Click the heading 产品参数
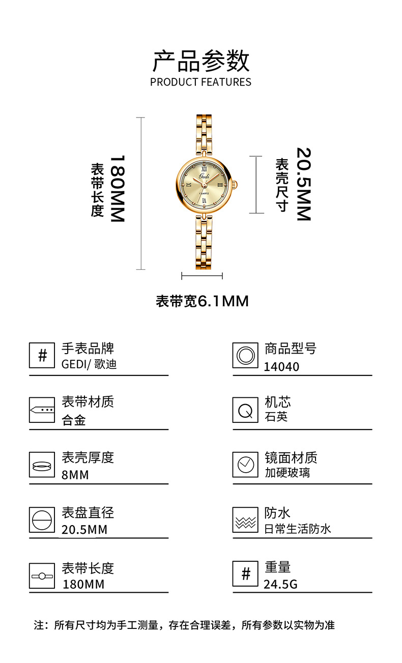[x=201, y=61]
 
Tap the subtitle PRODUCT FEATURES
[x=200, y=82]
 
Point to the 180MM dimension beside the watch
[x=117, y=189]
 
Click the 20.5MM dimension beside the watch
[x=303, y=184]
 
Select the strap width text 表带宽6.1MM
[x=202, y=301]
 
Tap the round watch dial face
[x=204, y=185]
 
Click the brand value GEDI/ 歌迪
[x=89, y=365]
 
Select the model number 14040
[x=281, y=367]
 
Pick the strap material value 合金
[x=74, y=420]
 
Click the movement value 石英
[x=276, y=417]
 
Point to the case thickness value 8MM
[x=75, y=475]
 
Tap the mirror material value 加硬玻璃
[x=287, y=473]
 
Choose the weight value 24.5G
[x=280, y=584]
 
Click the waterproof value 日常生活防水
[x=298, y=529]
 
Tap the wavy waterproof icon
[x=245, y=520]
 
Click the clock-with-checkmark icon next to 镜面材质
[x=245, y=464]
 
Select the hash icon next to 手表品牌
[x=42, y=355]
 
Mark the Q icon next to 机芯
[x=245, y=410]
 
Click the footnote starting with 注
[x=184, y=625]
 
